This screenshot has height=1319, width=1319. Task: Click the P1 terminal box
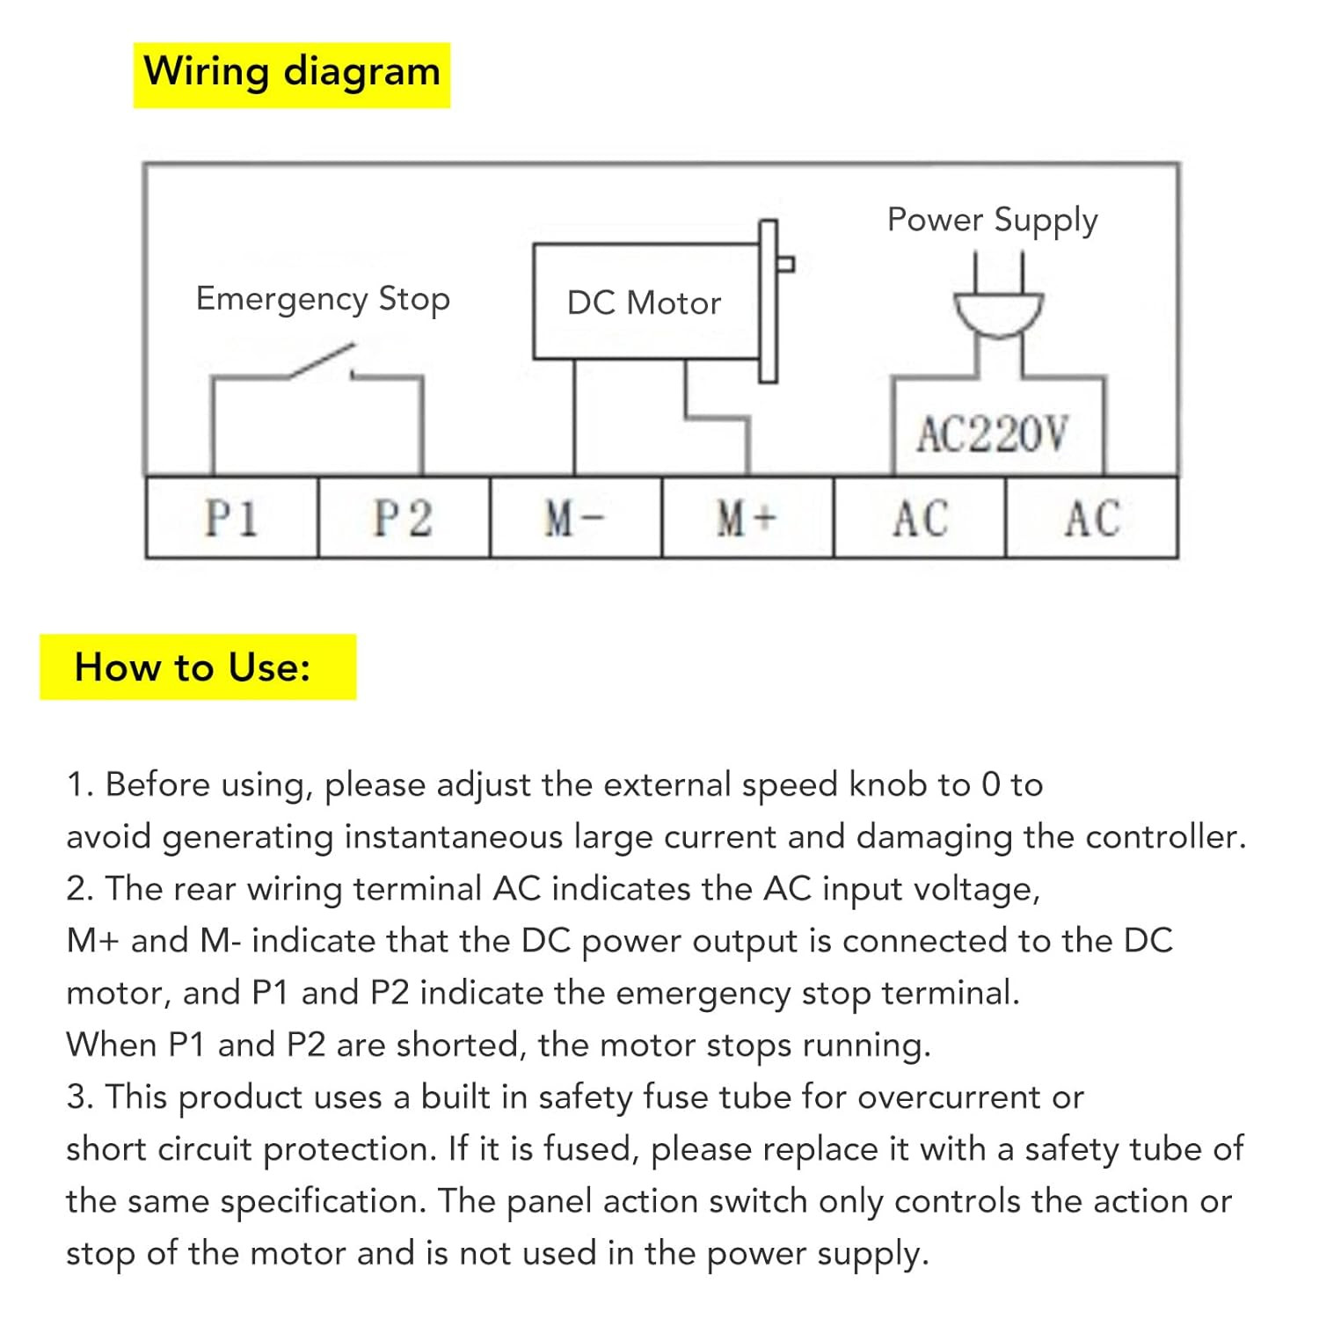[231, 517]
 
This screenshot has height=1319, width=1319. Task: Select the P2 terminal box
[404, 517]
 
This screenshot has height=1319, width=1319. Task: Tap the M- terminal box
[575, 517]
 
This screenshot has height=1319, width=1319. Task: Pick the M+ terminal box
[747, 517]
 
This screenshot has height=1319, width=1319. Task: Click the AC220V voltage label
[993, 434]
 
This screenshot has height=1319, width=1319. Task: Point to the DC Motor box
[646, 302]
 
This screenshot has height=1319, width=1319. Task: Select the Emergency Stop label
[323, 300]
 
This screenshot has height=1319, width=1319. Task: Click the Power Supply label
[993, 221]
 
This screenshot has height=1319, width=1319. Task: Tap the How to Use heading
[193, 667]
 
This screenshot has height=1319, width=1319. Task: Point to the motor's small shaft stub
[786, 263]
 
